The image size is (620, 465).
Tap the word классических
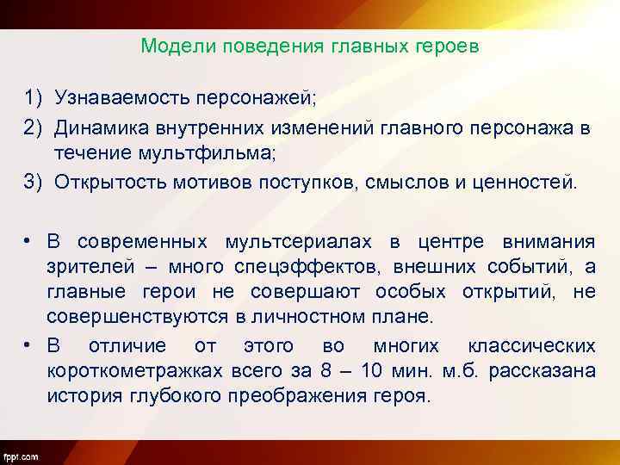(530, 346)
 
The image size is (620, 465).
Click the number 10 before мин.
(372, 372)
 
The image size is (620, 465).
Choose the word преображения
(290, 398)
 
